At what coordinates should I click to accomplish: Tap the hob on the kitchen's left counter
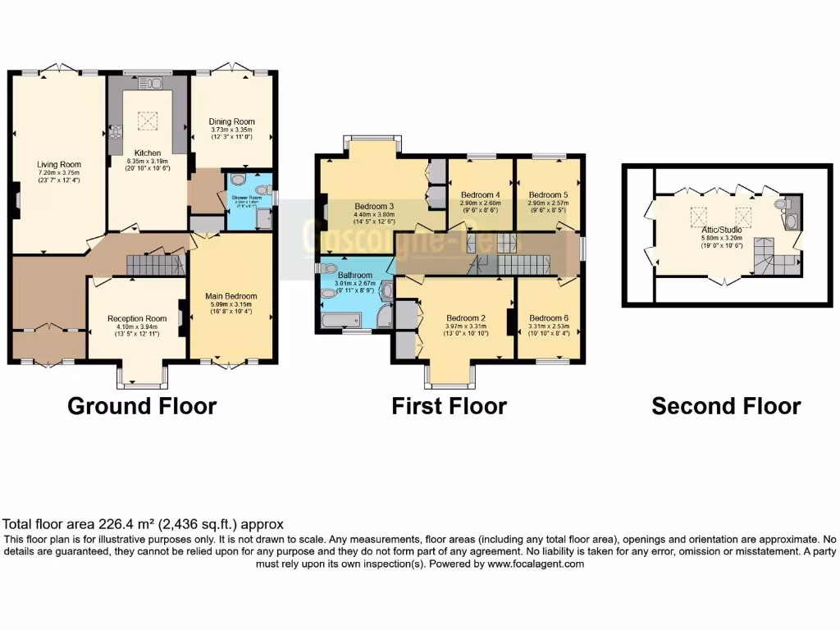click(115, 131)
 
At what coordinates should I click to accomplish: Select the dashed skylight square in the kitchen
click(148, 121)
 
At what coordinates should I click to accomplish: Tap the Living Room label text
click(58, 164)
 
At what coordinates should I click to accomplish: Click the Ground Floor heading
click(142, 406)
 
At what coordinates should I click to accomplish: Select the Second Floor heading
click(726, 406)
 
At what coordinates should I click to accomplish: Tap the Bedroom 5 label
click(548, 194)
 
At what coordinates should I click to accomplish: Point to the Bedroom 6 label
click(548, 318)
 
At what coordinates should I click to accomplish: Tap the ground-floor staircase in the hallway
click(153, 264)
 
